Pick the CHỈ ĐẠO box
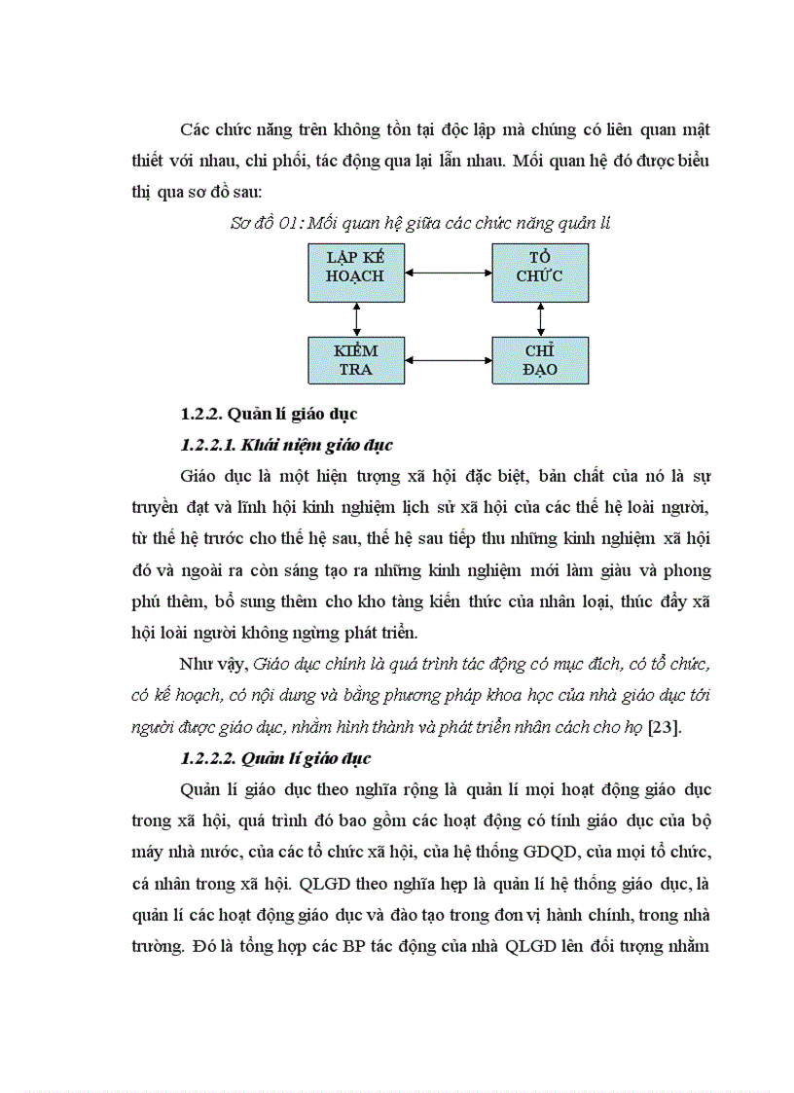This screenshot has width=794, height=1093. (x=540, y=360)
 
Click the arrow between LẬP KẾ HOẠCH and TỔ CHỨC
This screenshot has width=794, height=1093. (x=448, y=273)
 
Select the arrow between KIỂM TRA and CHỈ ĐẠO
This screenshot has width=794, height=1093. (x=448, y=360)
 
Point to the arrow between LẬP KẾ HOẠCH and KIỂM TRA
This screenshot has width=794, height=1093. (x=357, y=318)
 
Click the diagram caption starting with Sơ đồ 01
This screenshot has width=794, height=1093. (x=419, y=223)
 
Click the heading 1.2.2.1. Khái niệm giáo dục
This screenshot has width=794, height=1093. (x=286, y=445)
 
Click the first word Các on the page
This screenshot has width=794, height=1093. (x=195, y=129)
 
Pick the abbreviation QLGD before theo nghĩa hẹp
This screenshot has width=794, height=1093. (x=324, y=883)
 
